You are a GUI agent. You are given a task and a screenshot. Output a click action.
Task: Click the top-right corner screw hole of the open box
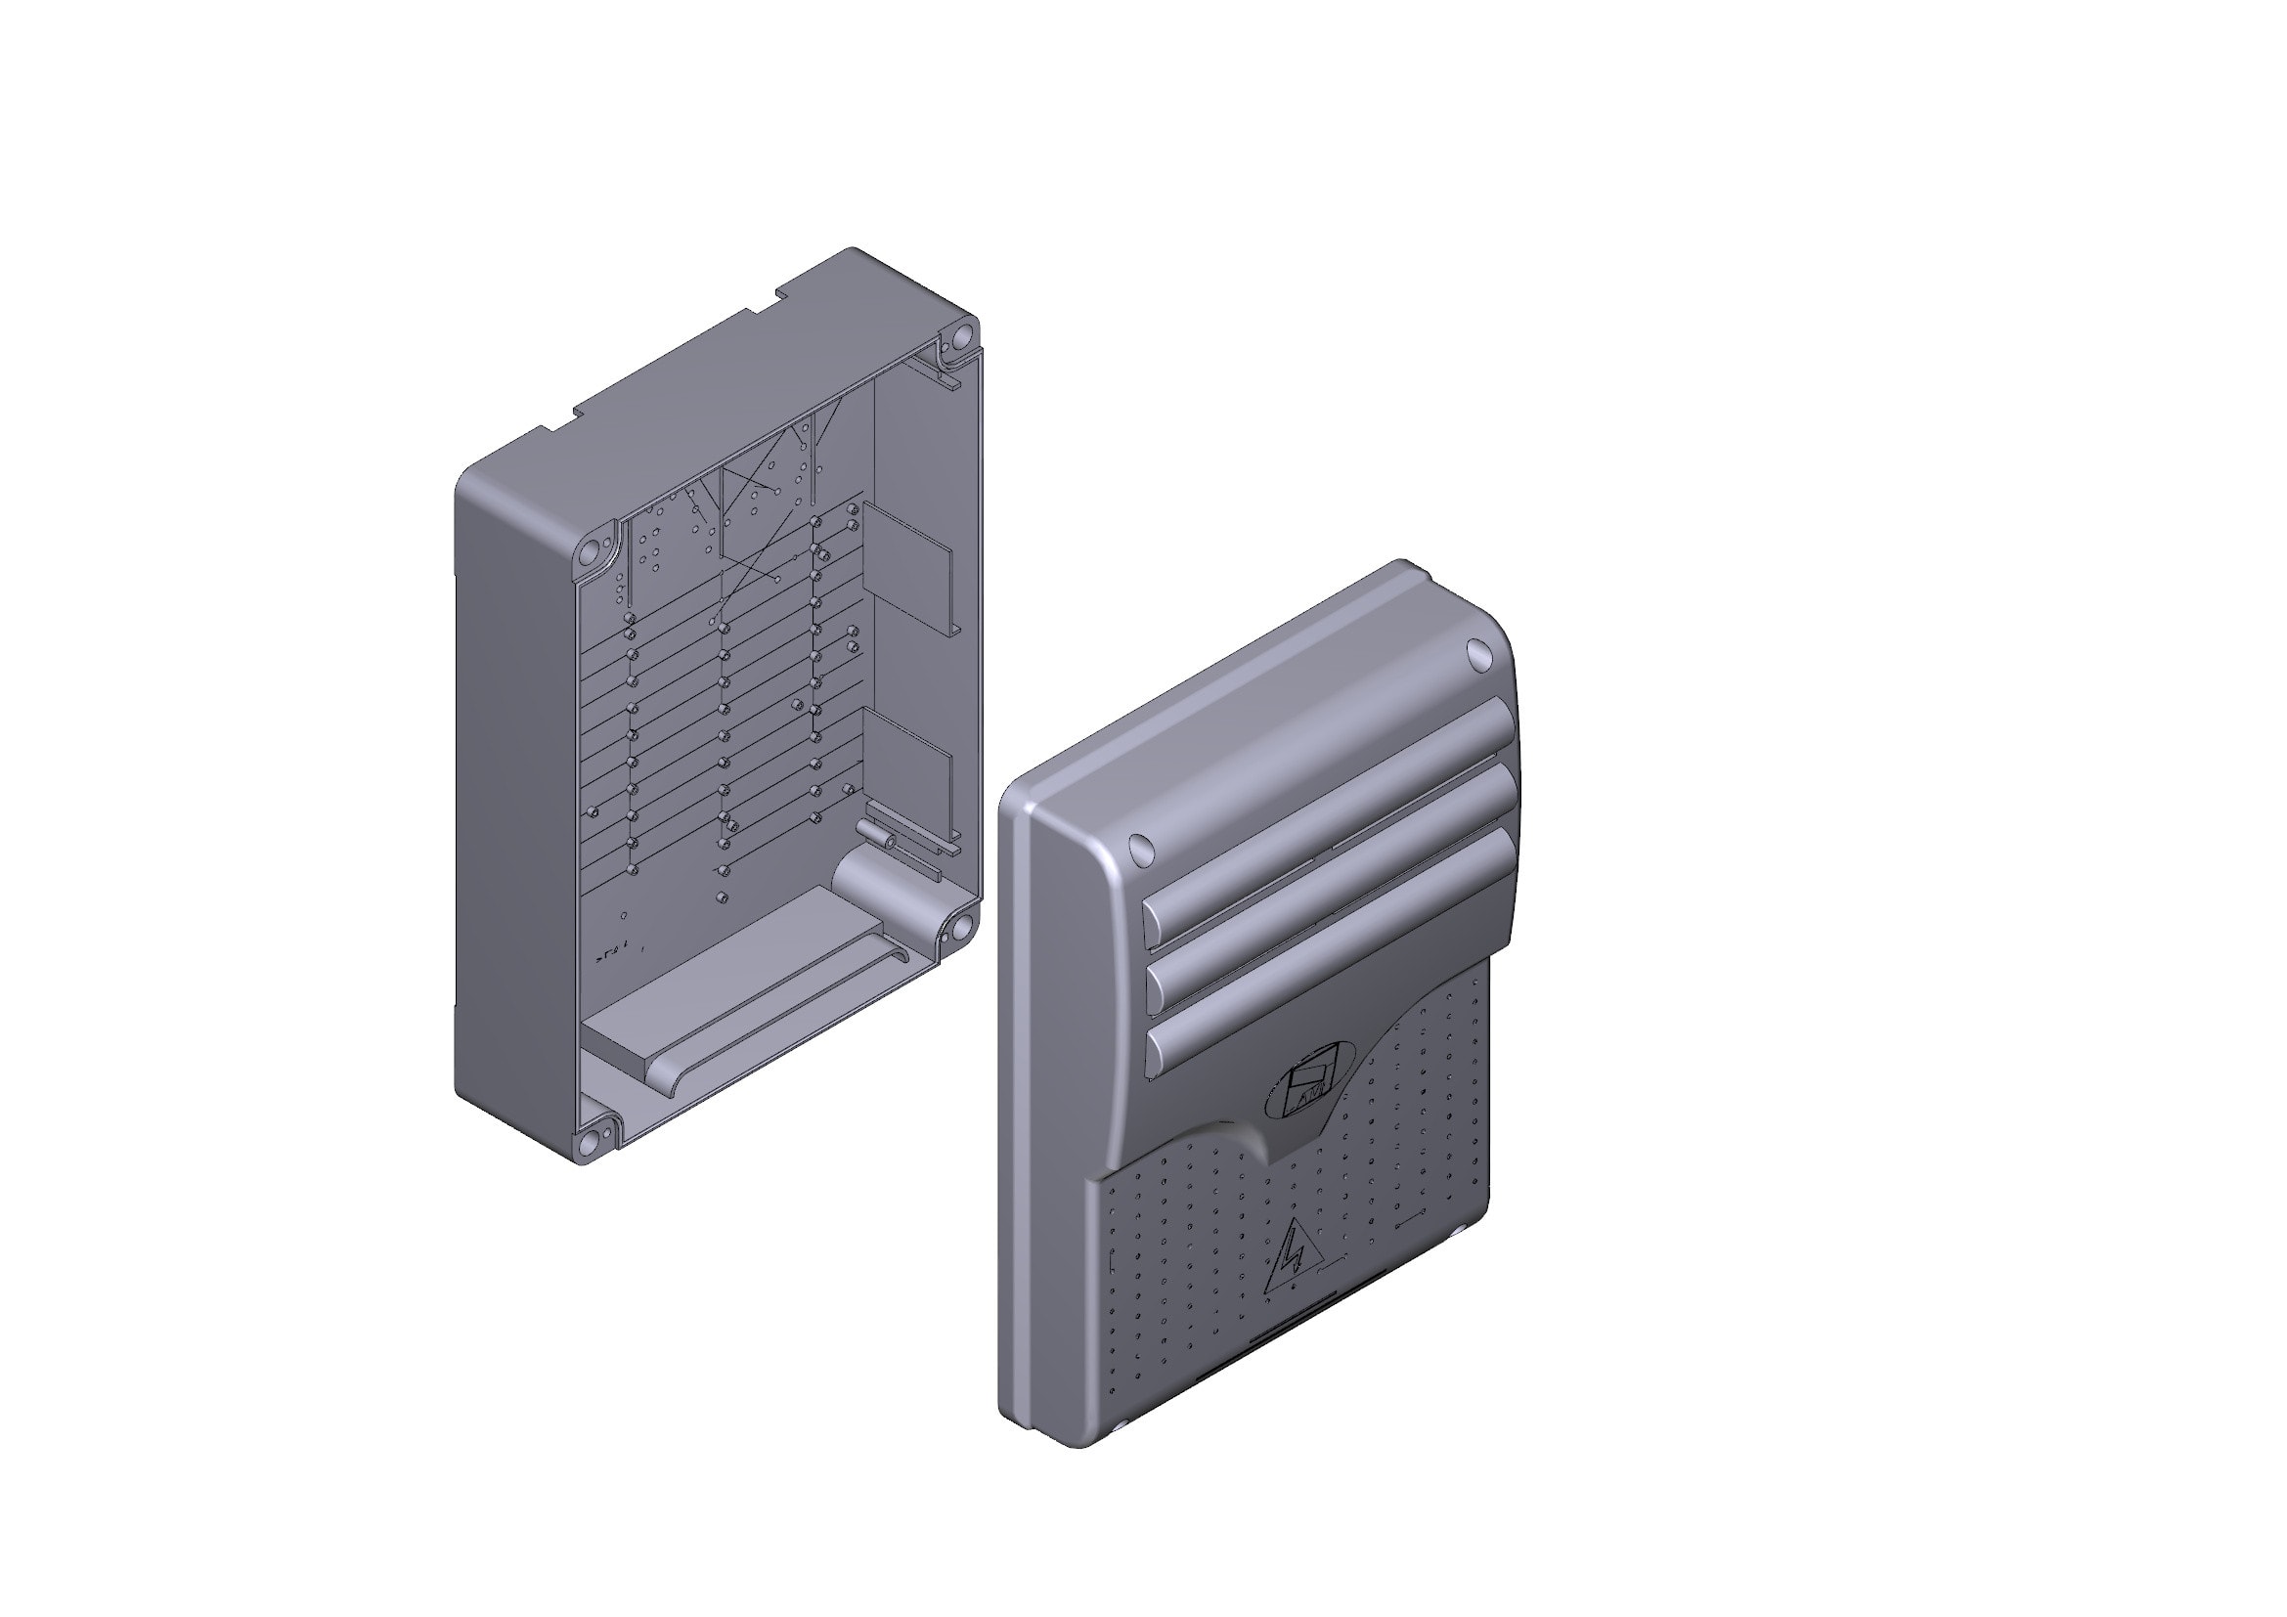pyautogui.click(x=961, y=336)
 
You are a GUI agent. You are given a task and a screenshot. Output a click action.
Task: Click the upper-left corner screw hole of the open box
pyautogui.click(x=591, y=549)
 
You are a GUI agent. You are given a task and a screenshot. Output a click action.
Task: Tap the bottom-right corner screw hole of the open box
pyautogui.click(x=961, y=928)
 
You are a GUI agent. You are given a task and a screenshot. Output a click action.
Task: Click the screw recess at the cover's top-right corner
pyautogui.click(x=1479, y=653)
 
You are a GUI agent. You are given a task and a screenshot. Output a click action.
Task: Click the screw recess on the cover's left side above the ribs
pyautogui.click(x=1140, y=849)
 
